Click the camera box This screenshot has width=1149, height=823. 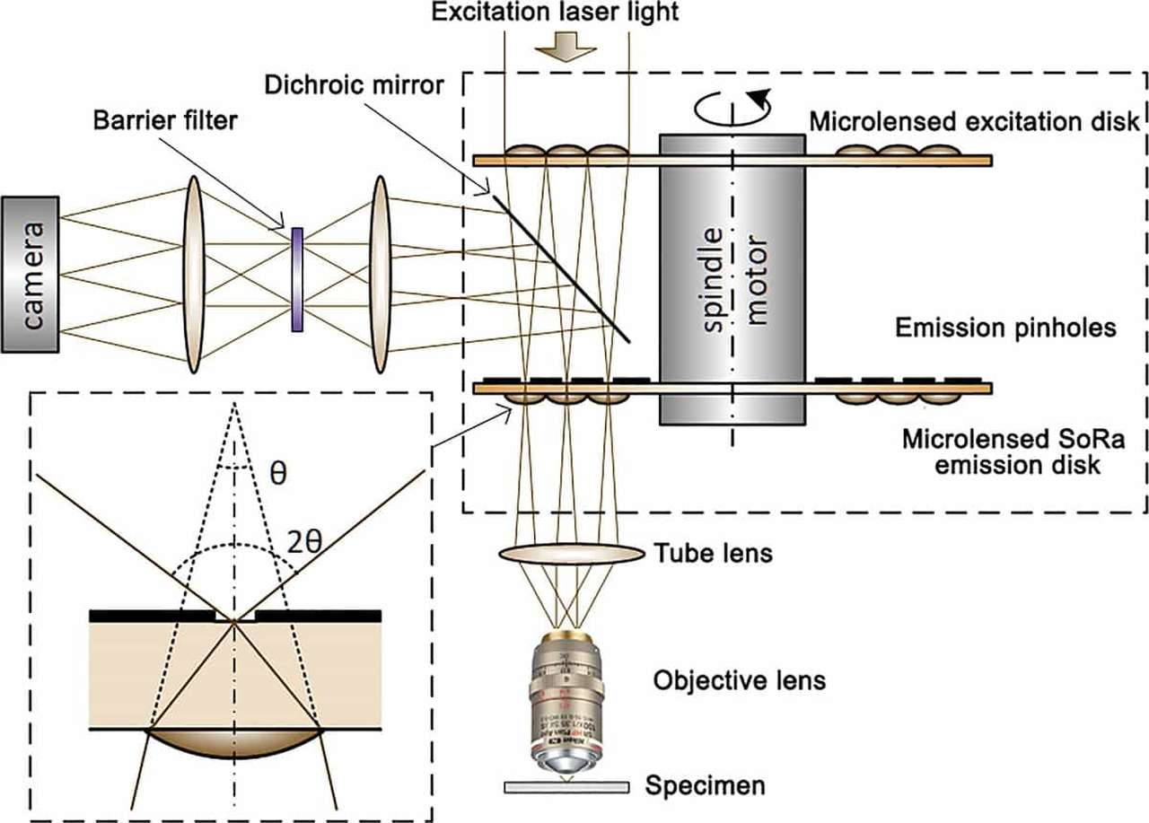[x=31, y=274]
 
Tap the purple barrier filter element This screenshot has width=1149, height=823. [x=297, y=280]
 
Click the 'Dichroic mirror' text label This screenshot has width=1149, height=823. [x=354, y=85]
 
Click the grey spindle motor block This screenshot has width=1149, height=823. [x=732, y=278]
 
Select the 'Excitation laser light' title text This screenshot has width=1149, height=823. [x=567, y=13]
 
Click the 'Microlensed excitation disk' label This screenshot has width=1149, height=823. [x=974, y=121]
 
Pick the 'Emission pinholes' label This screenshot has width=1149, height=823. [x=1005, y=328]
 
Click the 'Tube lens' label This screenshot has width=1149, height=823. [x=726, y=553]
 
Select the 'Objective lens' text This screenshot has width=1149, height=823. [x=739, y=680]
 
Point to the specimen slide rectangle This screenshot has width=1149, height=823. [x=566, y=787]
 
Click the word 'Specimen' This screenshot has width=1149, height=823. [x=706, y=787]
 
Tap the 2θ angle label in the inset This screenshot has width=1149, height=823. [x=304, y=541]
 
